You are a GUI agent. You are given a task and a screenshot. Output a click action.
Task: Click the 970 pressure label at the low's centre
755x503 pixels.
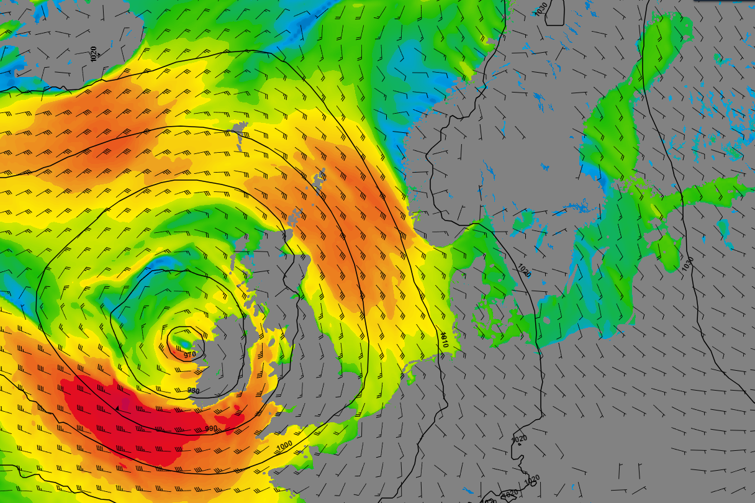point(190,355)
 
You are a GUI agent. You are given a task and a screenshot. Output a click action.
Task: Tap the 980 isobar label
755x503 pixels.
point(194,391)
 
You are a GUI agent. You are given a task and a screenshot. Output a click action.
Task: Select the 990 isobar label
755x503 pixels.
point(211,428)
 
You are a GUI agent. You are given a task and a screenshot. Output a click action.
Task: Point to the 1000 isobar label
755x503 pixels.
point(284,446)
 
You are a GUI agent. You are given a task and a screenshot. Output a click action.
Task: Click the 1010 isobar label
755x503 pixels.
point(443,339)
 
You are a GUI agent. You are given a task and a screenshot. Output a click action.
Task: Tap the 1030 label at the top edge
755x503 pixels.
point(541,9)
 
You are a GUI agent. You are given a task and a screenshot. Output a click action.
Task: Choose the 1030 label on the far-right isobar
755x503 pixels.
point(687,263)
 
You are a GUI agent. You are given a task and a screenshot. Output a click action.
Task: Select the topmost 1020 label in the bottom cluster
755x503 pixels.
point(519,438)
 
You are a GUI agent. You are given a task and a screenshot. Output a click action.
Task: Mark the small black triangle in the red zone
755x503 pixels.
point(117,408)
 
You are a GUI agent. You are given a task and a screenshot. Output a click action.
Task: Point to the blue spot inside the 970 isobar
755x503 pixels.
point(185,341)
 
